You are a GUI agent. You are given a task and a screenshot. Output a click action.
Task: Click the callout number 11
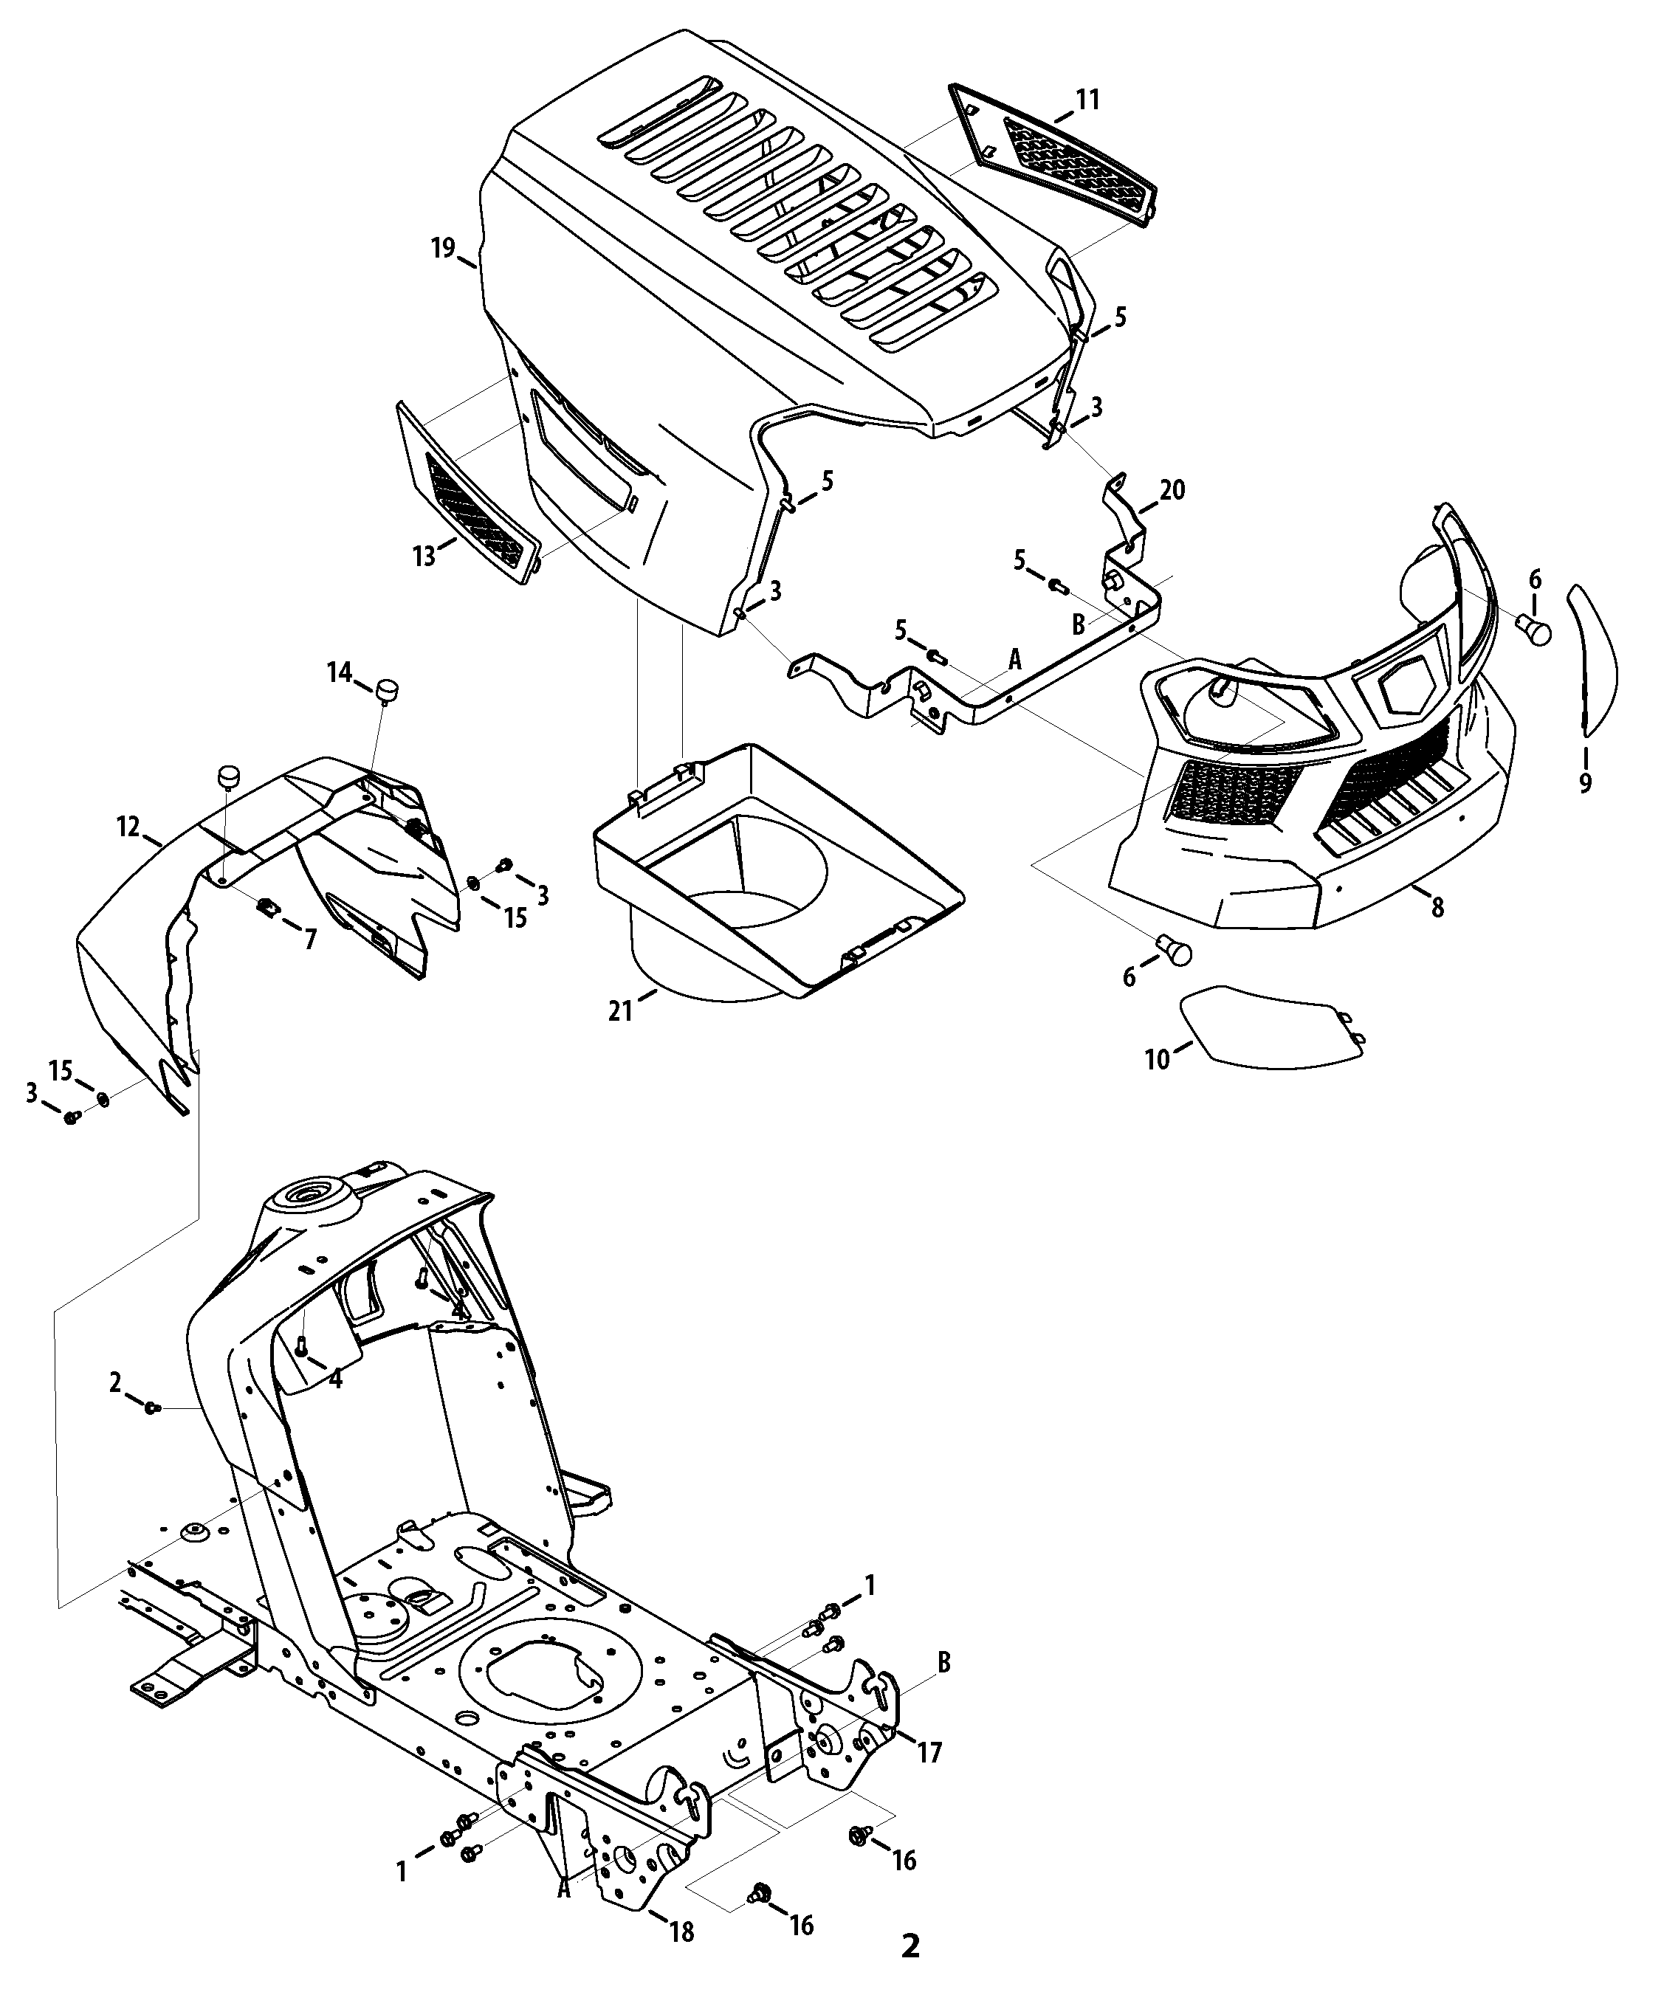point(1087,100)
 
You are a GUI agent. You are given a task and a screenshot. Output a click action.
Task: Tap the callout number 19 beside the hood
point(442,249)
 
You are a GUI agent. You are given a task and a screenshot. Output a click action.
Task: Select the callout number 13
point(424,555)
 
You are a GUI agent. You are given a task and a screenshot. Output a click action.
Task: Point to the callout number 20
point(1172,490)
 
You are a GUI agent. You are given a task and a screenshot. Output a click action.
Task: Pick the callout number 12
point(129,827)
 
